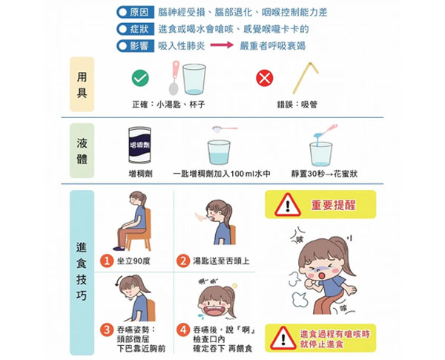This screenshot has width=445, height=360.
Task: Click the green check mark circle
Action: coord(140,78)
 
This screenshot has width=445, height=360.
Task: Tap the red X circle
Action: coord(265,78)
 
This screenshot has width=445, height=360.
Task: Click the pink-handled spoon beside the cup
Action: coord(174,77)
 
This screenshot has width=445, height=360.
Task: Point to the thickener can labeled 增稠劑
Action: coord(139,145)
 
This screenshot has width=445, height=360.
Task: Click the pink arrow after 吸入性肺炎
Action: coord(222,45)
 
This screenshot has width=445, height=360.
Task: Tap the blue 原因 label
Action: coord(136,12)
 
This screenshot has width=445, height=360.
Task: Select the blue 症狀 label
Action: coord(136,29)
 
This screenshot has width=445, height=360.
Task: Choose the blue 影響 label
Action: coord(136,46)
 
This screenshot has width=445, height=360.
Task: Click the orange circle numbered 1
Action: coord(107,261)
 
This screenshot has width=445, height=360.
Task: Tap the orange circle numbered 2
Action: coord(183,261)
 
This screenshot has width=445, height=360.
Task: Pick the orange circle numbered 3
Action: coord(107,330)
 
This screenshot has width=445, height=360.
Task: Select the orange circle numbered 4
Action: coord(183,330)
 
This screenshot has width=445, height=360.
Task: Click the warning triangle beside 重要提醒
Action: coord(288,205)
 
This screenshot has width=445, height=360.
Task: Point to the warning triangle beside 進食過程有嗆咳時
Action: coord(283,338)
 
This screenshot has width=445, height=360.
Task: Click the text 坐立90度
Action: coord(133,261)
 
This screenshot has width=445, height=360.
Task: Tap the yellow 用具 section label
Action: coord(82,85)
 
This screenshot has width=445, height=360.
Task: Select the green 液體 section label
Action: coord(82,151)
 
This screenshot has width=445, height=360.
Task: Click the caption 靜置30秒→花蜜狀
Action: coord(324,174)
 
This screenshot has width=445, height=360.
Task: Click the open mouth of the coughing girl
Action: coord(322,275)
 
